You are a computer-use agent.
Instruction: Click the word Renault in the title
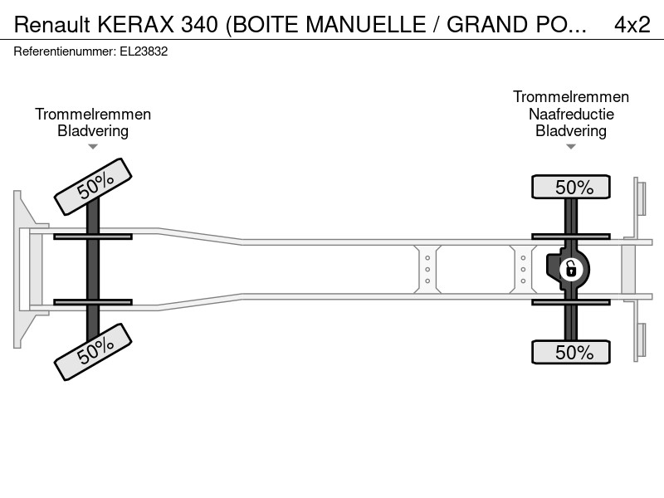click(x=52, y=25)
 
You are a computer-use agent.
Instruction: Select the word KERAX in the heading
click(x=136, y=25)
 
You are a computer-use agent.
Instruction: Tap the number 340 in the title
click(x=199, y=25)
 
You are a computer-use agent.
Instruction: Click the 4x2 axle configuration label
click(x=632, y=25)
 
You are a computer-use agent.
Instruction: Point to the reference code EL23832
click(x=144, y=51)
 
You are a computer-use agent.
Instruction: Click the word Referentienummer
click(x=65, y=51)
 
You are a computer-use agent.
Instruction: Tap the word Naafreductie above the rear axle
click(x=571, y=114)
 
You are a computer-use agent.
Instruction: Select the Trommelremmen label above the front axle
click(x=93, y=114)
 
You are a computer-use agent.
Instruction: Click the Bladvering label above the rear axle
click(x=571, y=131)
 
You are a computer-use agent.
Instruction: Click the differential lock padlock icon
click(x=571, y=269)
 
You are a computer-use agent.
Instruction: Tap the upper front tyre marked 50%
click(x=93, y=186)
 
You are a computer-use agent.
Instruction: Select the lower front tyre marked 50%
click(x=93, y=351)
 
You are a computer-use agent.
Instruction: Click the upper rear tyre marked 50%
click(x=571, y=186)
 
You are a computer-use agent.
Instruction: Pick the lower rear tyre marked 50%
click(x=571, y=351)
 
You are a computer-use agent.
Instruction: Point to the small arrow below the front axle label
click(x=93, y=147)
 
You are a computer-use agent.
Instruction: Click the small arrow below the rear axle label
click(x=571, y=147)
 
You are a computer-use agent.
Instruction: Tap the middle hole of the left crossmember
click(x=427, y=269)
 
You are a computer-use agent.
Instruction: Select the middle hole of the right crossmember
click(x=523, y=269)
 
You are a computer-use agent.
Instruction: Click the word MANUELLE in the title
click(x=365, y=25)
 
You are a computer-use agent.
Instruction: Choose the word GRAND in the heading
click(x=482, y=25)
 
